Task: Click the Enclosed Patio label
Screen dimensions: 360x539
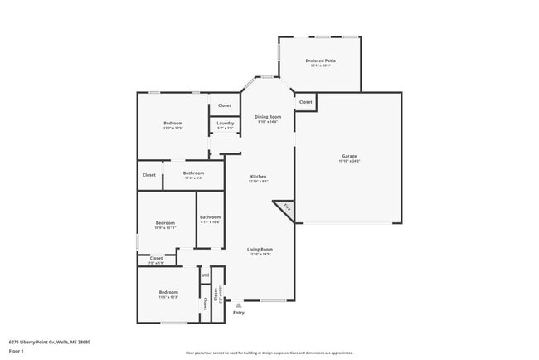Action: click(319, 61)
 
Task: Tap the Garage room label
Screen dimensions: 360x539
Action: click(349, 156)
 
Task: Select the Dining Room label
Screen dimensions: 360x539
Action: click(267, 117)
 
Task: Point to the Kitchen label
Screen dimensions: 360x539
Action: click(259, 177)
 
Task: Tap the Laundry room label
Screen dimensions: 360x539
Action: click(225, 124)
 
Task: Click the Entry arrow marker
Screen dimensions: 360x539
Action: click(238, 305)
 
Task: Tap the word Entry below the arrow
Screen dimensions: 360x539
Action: click(238, 313)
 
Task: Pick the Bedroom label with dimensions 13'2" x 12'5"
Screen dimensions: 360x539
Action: click(172, 124)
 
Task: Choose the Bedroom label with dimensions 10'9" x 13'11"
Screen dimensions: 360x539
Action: click(166, 222)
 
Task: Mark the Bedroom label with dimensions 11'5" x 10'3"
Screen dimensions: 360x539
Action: click(168, 292)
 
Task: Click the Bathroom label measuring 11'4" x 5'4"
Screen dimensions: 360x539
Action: click(193, 173)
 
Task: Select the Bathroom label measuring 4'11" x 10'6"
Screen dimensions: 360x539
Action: click(210, 217)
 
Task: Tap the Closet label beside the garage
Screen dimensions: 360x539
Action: click(305, 102)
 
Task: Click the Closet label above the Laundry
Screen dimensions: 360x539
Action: click(225, 105)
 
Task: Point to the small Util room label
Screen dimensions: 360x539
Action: click(204, 276)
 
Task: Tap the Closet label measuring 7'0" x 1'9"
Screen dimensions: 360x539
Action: click(156, 259)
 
